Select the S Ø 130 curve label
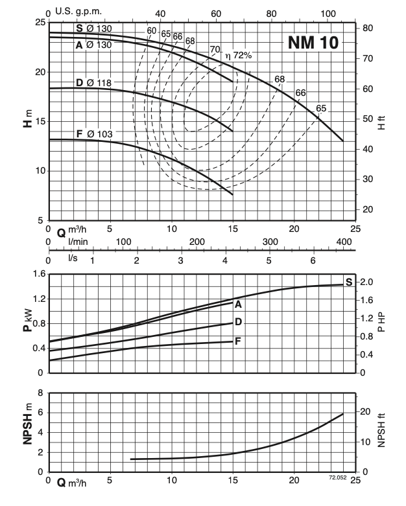tap(93, 28)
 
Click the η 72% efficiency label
tap(238, 56)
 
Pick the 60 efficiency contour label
tap(152, 30)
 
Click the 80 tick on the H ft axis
tap(367, 28)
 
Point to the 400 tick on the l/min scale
tap(343, 242)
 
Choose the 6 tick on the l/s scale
tap(313, 260)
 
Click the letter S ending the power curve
tap(349, 281)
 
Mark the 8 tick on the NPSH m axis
tap(41, 393)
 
